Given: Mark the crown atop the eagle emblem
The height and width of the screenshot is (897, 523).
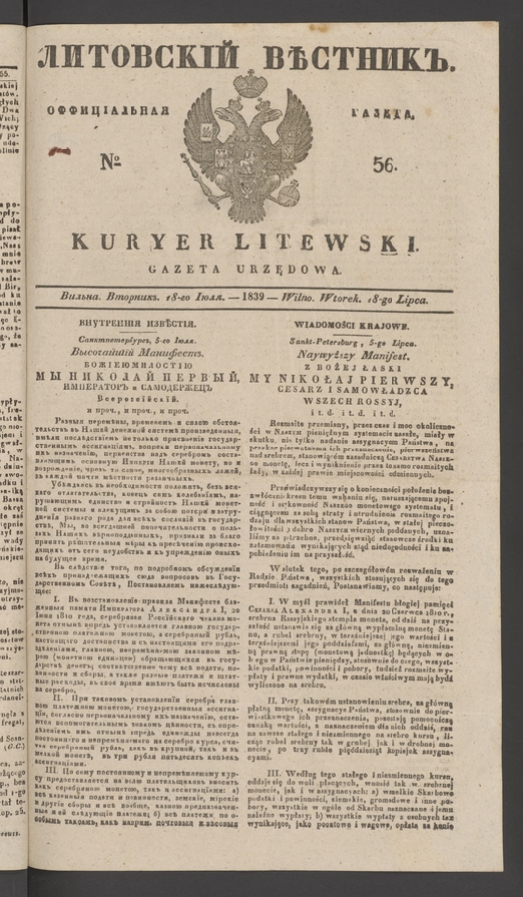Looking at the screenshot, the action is click(250, 85).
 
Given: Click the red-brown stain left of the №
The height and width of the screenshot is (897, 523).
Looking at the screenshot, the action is click(61, 151).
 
